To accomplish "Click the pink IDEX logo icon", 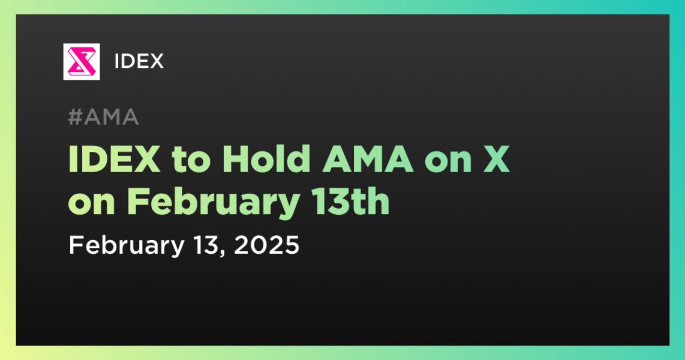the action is tap(81, 62).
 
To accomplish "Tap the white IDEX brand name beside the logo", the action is tap(139, 62).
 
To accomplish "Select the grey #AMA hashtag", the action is tap(104, 117).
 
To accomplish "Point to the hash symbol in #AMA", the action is tap(75, 117).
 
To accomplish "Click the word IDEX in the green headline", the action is tap(115, 160).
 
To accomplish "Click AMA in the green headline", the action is tap(368, 160).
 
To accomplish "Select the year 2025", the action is tap(266, 245).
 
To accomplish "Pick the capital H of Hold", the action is tap(236, 160).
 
